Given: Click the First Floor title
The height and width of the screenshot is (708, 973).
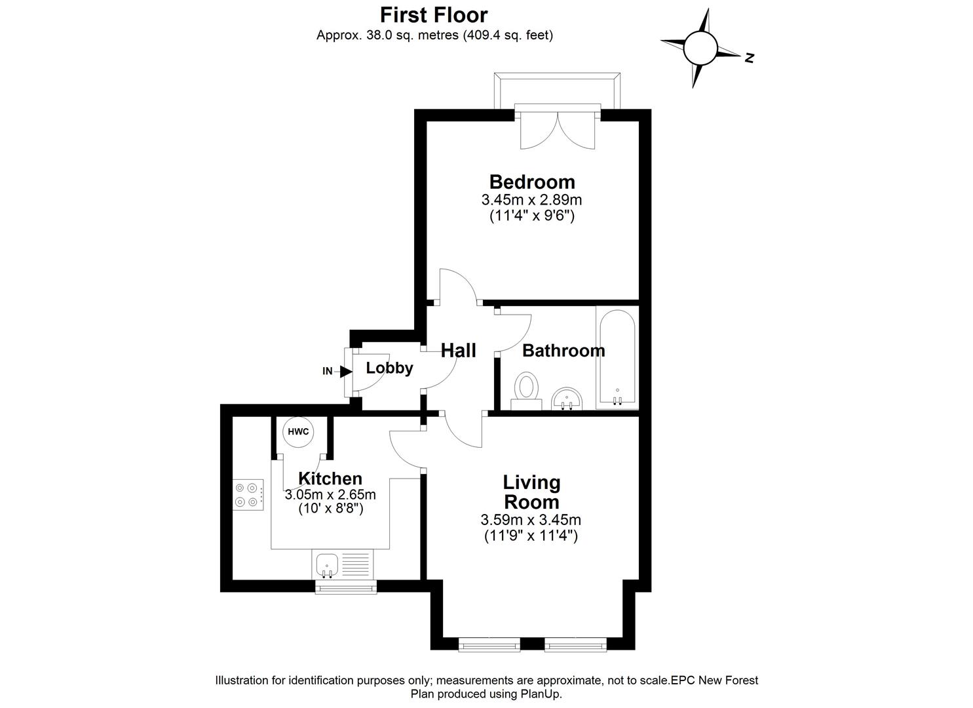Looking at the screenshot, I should coord(434,14).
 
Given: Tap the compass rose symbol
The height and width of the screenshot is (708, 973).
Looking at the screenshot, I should coord(701,48).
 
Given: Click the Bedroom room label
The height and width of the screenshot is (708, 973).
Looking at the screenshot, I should coord(532,182).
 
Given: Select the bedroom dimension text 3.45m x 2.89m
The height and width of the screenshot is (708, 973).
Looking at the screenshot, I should coord(532,199).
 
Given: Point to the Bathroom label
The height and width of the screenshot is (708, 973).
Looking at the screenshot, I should coord(563,351).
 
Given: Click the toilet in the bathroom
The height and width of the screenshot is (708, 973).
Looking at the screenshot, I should coord(525,390).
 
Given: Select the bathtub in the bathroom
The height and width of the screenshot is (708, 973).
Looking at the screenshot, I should coord(616,357).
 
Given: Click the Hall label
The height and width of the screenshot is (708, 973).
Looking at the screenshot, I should coord(458,350).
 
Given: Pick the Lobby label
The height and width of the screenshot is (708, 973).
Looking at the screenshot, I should coord(389,368).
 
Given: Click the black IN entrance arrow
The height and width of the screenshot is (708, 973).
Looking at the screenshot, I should coord(346,371).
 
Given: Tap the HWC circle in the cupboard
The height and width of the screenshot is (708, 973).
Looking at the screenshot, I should coord(298,432).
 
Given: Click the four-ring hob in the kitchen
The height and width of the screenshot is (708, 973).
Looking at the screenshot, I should coord(250,495).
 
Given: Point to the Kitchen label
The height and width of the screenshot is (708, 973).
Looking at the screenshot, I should coord(330,479).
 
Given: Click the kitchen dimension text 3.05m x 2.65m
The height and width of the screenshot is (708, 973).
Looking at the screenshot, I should coord(330,494).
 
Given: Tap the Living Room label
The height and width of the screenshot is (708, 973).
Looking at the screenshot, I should coord(531,492).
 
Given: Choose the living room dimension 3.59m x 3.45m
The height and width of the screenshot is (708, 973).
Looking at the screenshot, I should coord(531,521).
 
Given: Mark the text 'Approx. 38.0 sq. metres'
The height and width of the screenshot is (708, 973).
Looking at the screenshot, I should coord(388,35).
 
